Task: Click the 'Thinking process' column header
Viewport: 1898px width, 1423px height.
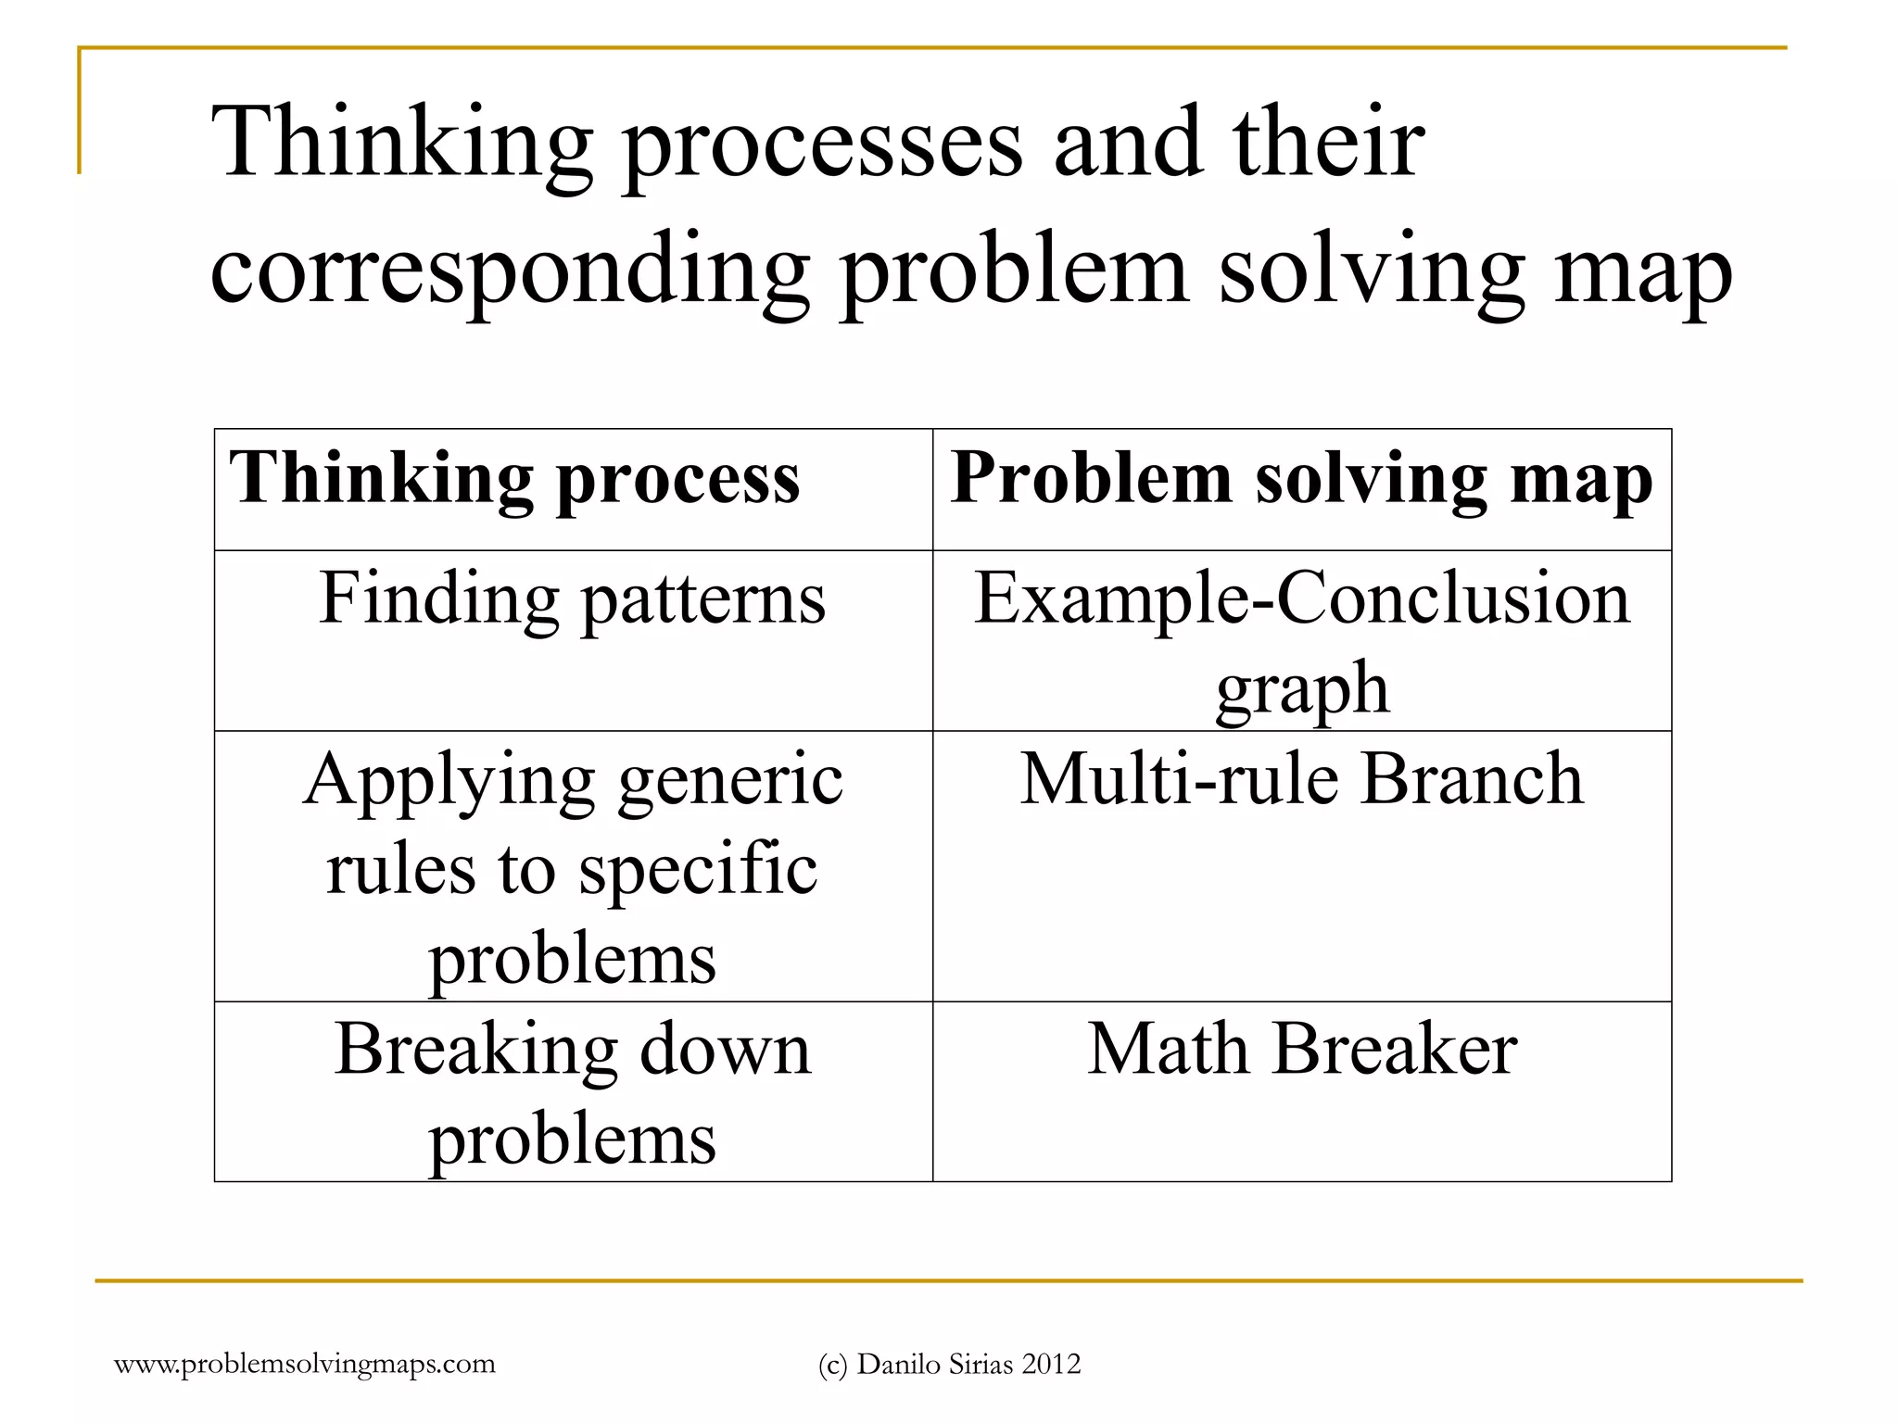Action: coord(514,480)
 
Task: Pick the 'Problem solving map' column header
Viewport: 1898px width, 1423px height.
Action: coord(1301,480)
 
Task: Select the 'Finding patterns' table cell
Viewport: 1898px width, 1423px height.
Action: coord(572,599)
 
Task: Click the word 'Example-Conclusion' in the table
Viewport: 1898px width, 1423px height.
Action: coord(1301,599)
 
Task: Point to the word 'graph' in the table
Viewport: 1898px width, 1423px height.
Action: coord(1302,689)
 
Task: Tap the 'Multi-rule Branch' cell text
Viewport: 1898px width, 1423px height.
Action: coord(1301,779)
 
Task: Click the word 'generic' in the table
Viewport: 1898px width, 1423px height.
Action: coord(730,781)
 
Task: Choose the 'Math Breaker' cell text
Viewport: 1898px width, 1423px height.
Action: coord(1301,1050)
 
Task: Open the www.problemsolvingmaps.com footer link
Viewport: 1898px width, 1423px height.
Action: coord(305,1364)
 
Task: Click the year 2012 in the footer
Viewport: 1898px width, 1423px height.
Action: coord(1051,1364)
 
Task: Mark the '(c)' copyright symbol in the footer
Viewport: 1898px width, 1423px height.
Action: coord(833,1365)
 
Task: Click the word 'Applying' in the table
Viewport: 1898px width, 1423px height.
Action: coord(449,781)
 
